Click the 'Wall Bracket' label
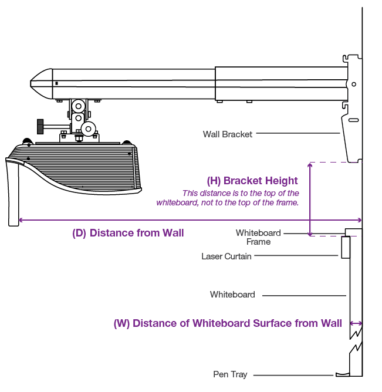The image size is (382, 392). click(x=228, y=134)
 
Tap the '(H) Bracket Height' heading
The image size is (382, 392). click(x=253, y=181)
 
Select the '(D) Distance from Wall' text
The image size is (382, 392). click(x=128, y=233)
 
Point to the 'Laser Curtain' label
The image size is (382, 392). click(x=227, y=256)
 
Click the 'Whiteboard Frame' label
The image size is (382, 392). click(x=258, y=237)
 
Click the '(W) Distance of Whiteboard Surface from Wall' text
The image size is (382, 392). click(x=228, y=323)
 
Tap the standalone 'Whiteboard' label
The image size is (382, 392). click(x=232, y=295)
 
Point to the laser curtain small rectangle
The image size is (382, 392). click(x=346, y=247)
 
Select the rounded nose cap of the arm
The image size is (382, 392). click(x=41, y=83)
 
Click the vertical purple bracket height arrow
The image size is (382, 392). click(x=310, y=199)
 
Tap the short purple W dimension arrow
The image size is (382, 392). click(x=356, y=323)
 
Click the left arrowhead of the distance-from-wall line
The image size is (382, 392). click(x=21, y=220)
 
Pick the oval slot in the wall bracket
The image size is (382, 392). click(x=353, y=120)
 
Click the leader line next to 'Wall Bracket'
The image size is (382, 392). click(x=298, y=134)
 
